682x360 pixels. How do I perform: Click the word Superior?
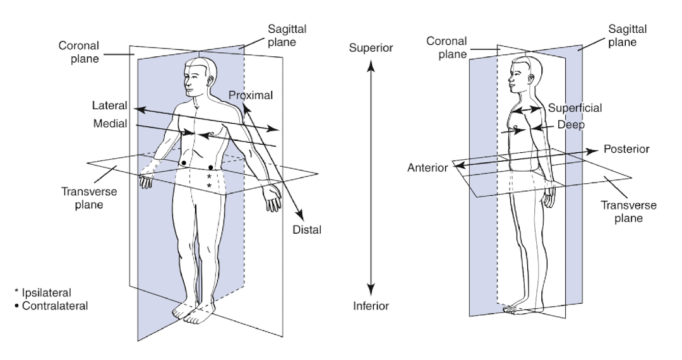[x=371, y=48]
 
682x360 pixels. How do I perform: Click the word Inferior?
[x=371, y=306]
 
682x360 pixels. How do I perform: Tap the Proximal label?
[x=251, y=95]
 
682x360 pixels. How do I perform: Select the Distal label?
[x=308, y=230]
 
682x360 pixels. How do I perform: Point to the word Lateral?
[x=109, y=105]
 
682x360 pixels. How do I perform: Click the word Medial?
[x=110, y=123]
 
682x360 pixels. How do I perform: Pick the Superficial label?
[x=575, y=108]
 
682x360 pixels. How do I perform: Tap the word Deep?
[x=571, y=125]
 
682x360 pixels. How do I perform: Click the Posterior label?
[x=626, y=149]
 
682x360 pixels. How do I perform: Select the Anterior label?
[x=428, y=167]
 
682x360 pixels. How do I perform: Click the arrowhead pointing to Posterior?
[x=594, y=151]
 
